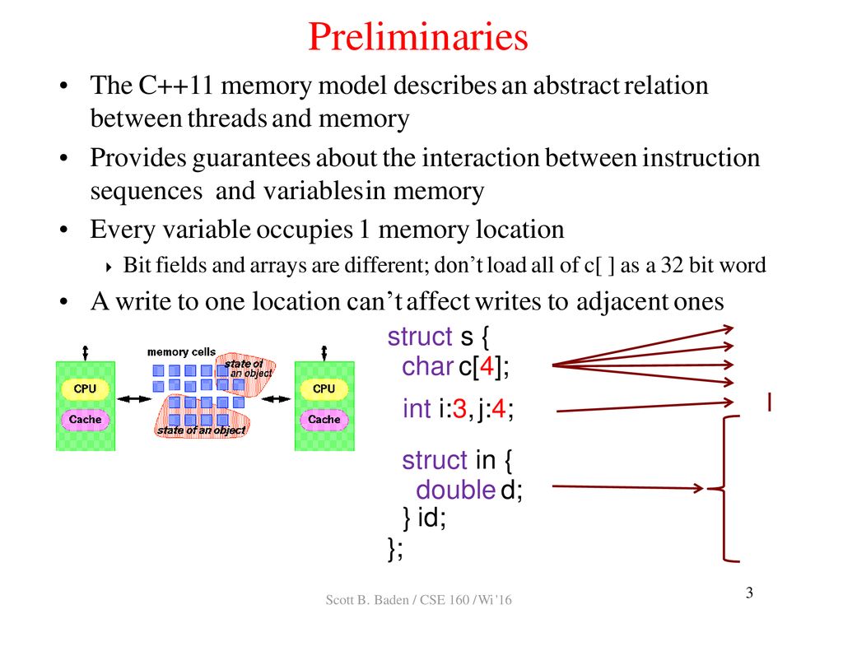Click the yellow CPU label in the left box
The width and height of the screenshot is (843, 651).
pyautogui.click(x=85, y=388)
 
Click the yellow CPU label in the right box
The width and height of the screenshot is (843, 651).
pyautogui.click(x=324, y=388)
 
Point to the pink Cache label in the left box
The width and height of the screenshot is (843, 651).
pyautogui.click(x=85, y=419)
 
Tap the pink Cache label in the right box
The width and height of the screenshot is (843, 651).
pyautogui.click(x=324, y=419)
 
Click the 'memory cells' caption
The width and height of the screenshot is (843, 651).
pyautogui.click(x=181, y=352)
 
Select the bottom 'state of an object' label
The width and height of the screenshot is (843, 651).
pyautogui.click(x=201, y=430)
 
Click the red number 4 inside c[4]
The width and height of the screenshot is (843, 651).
pyautogui.click(x=487, y=367)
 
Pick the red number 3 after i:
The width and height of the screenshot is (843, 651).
pyautogui.click(x=459, y=409)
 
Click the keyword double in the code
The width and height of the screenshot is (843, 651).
pyautogui.click(x=456, y=490)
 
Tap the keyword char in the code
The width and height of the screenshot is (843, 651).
pyautogui.click(x=427, y=367)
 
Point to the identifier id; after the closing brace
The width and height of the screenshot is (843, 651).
pyautogui.click(x=431, y=518)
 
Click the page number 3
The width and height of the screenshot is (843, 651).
pyautogui.click(x=749, y=593)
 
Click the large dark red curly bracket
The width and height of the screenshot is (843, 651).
pyautogui.click(x=724, y=488)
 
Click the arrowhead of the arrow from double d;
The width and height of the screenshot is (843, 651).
pyautogui.click(x=698, y=488)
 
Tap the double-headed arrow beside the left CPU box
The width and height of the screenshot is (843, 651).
pyautogui.click(x=134, y=399)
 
